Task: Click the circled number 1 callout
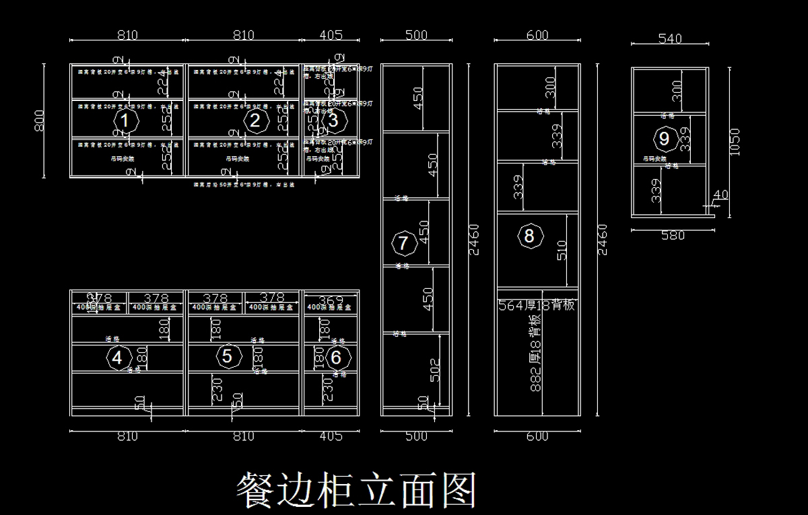(125, 121)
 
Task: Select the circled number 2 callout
(255, 121)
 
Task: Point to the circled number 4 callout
(117, 357)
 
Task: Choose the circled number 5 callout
(227, 356)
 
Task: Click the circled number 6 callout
(336, 357)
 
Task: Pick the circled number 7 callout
(403, 242)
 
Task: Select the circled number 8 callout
(529, 236)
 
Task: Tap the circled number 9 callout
(665, 139)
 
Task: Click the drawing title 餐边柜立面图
(357, 489)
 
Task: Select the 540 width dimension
(669, 39)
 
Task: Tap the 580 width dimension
(673, 236)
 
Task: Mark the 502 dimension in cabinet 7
(435, 370)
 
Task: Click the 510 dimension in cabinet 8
(562, 250)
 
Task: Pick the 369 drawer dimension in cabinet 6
(331, 298)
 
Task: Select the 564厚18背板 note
(537, 305)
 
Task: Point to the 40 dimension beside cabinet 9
(720, 195)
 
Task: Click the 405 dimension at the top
(331, 35)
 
